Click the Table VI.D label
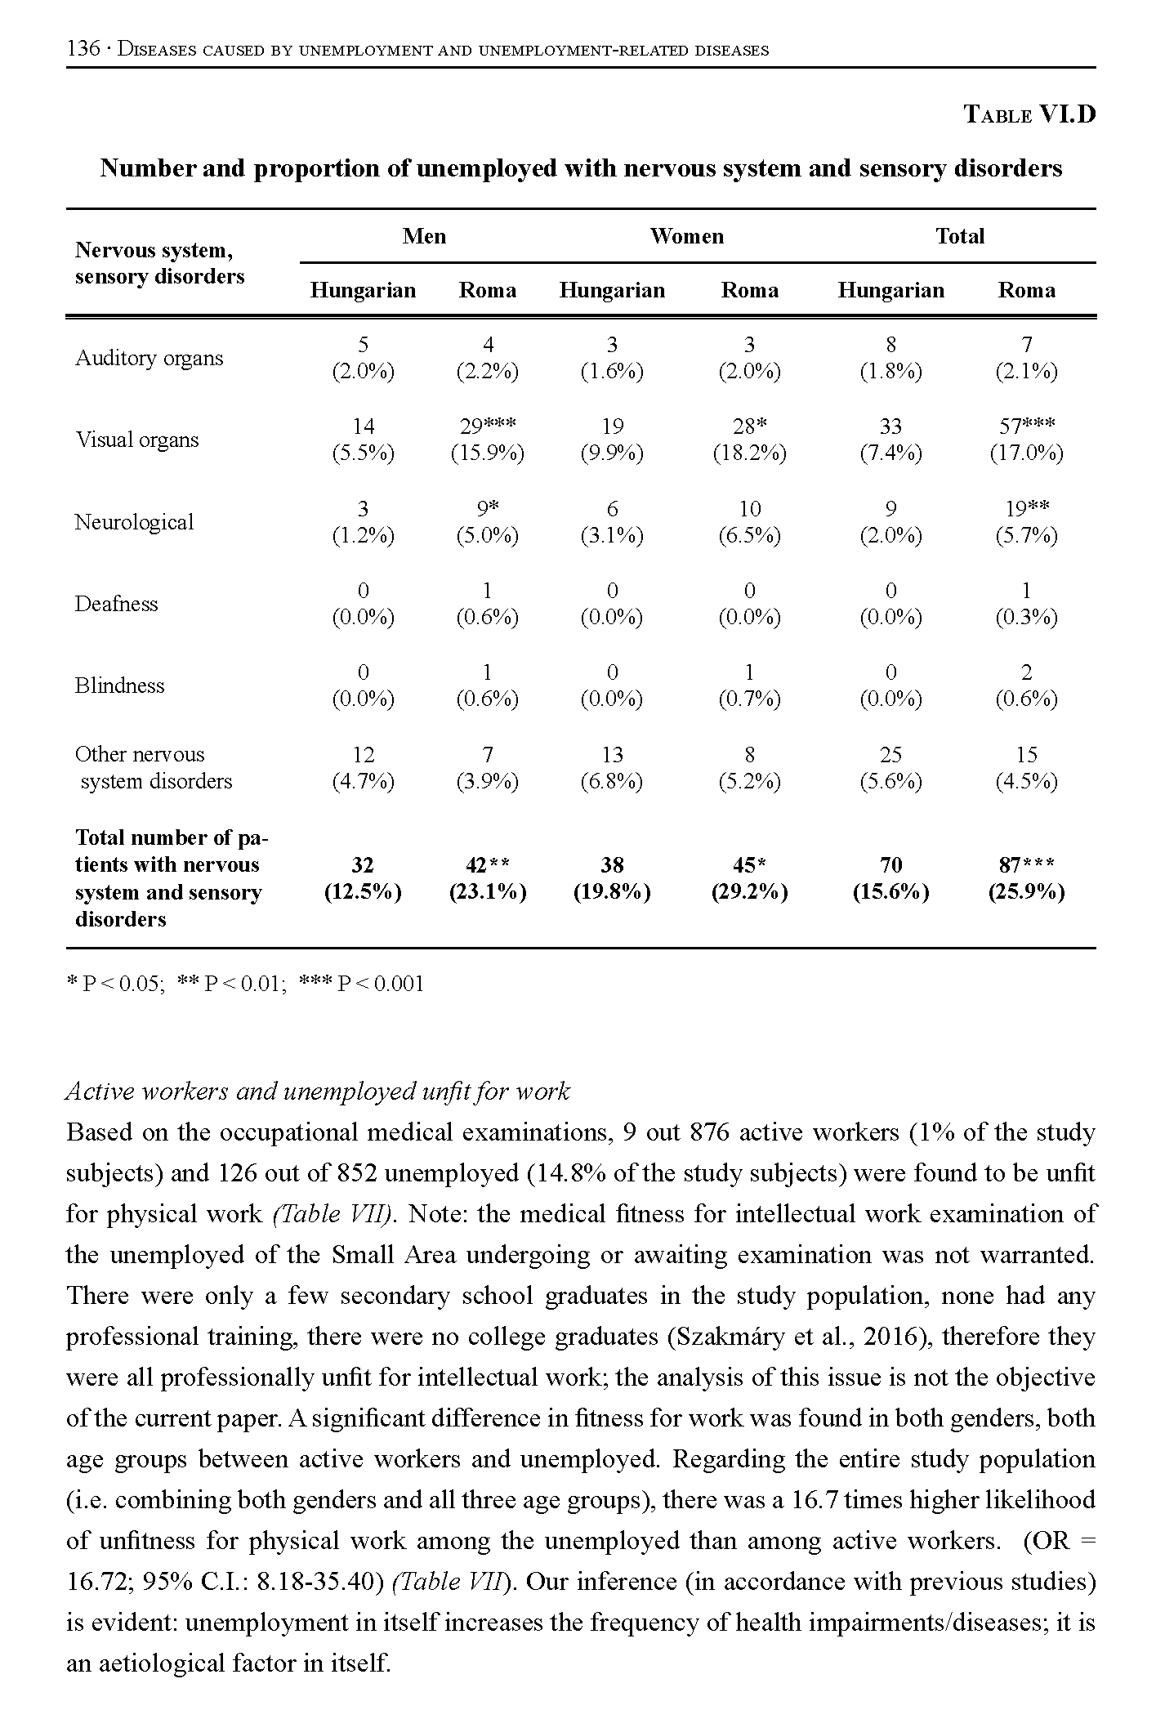point(1029,114)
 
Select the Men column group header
point(424,236)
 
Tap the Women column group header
point(686,236)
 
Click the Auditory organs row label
point(149,358)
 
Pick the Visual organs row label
point(137,440)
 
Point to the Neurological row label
point(134,522)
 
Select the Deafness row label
point(116,604)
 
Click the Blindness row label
point(119,685)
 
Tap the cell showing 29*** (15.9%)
point(488,440)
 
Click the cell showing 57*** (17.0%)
point(1027,440)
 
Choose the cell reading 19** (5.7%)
point(1027,522)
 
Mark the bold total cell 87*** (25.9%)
point(1027,878)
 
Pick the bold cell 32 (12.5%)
point(363,878)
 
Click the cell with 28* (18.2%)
point(749,440)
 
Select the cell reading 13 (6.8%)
point(612,768)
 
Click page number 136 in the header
point(83,49)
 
